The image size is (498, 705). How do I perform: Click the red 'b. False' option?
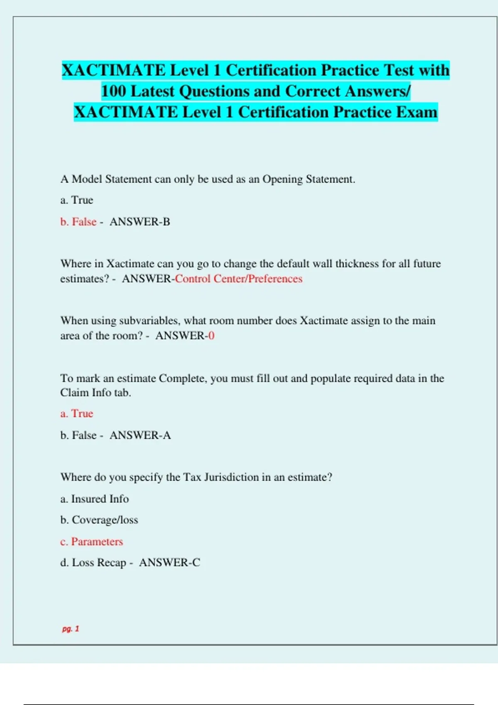click(78, 222)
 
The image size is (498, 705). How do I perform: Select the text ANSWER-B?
click(140, 222)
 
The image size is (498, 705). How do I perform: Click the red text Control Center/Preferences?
click(239, 279)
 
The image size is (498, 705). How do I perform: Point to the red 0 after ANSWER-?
click(212, 335)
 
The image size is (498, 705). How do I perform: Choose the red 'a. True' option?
click(77, 413)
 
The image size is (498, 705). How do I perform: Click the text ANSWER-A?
click(140, 435)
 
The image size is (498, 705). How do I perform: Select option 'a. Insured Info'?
click(95, 498)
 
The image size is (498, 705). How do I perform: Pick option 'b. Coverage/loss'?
click(99, 520)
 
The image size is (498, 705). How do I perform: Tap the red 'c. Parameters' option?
click(92, 542)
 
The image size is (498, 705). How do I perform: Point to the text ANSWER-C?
click(170, 563)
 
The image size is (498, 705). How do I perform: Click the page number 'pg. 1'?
click(71, 629)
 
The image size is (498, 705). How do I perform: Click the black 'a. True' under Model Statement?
click(77, 200)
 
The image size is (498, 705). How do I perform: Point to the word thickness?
click(357, 264)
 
